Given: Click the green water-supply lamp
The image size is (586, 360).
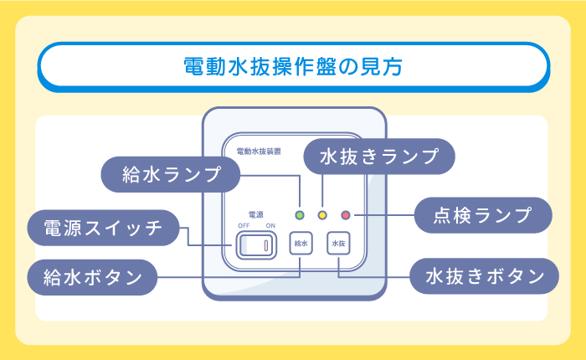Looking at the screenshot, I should coord(300,215).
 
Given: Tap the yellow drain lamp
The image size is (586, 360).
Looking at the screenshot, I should coord(321,215).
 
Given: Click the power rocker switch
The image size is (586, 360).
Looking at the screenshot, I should coord(256,245).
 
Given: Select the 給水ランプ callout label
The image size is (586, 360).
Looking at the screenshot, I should coord(171,174).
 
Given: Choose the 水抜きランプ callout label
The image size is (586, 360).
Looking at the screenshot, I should coord(378,156).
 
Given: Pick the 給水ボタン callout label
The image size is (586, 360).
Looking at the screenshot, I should coord(92,275).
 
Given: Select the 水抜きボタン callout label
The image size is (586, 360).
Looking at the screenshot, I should coord(480,275).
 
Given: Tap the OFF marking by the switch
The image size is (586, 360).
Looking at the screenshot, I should coord(244,226).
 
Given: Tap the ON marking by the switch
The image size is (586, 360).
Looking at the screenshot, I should coord(270,226).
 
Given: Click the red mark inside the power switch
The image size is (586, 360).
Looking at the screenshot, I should coord(267,245).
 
